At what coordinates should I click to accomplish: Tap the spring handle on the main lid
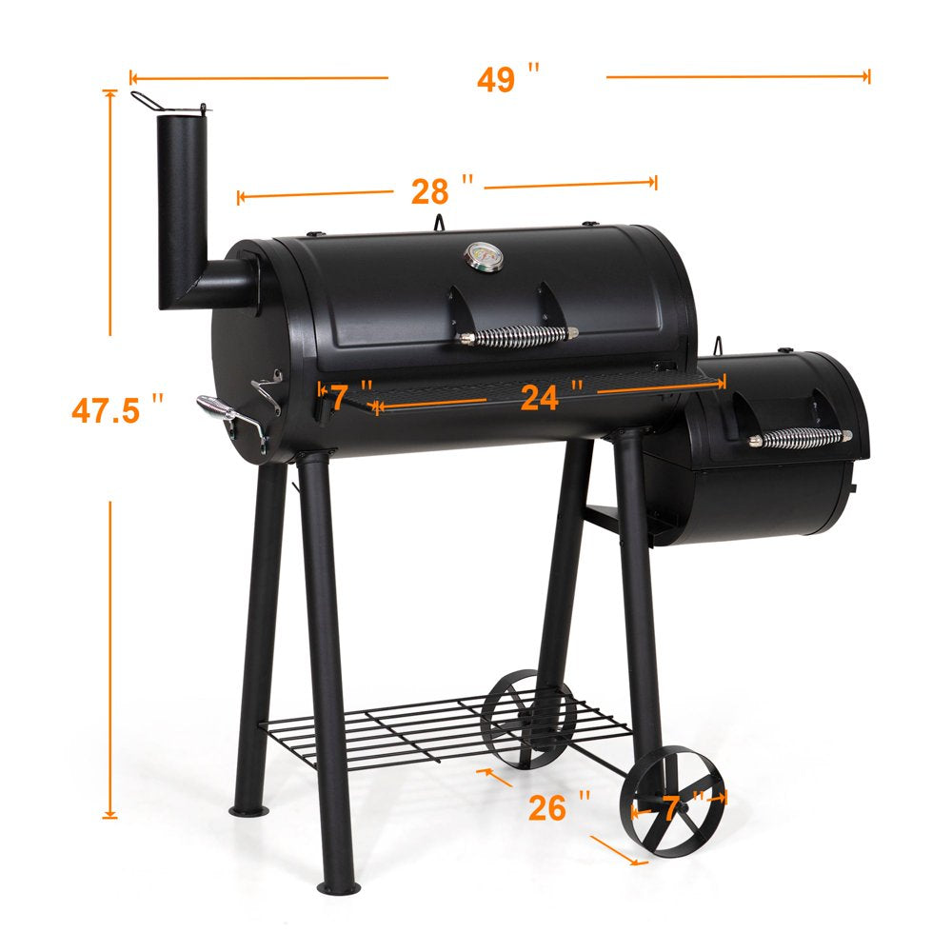tap(518, 335)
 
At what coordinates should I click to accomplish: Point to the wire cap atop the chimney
tap(167, 103)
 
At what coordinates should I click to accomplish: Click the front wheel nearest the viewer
tap(672, 800)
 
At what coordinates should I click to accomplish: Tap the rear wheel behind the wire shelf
tap(528, 720)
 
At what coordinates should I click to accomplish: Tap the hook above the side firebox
tap(720, 345)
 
